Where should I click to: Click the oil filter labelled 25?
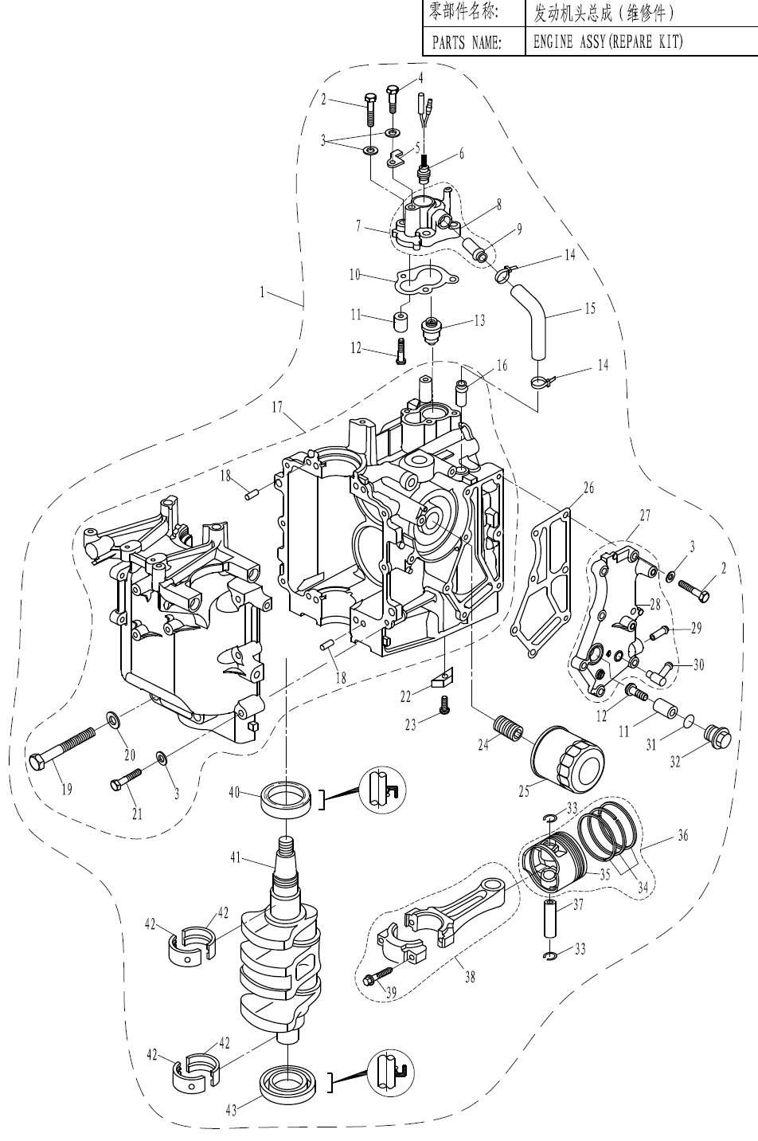point(568,755)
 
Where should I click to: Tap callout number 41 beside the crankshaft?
point(236,858)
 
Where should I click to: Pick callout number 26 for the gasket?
point(588,488)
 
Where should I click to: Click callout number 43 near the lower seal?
point(231,1111)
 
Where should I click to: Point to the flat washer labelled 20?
point(112,721)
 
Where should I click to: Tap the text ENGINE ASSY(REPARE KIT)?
point(608,42)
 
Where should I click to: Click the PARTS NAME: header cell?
point(467,42)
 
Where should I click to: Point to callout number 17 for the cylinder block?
point(277,408)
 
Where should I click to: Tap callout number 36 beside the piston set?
point(683,836)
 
